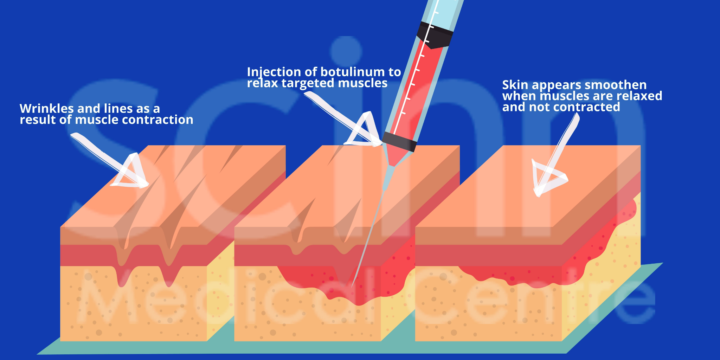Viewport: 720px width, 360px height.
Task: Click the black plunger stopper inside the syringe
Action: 435,35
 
